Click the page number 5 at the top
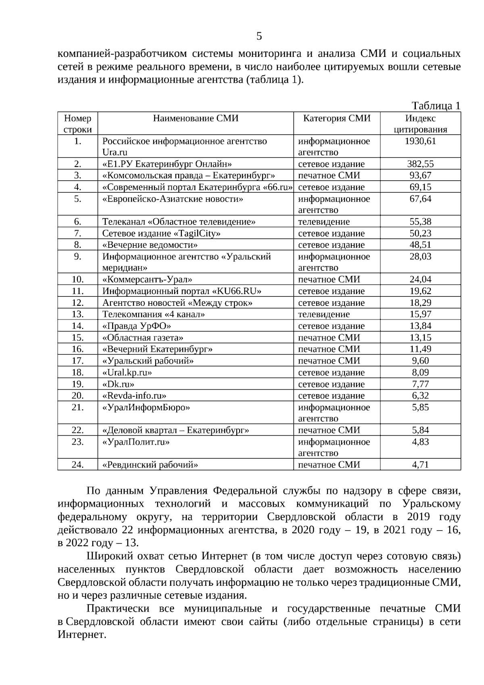click(x=259, y=36)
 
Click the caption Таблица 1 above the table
click(x=436, y=106)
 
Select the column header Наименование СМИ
click(x=196, y=118)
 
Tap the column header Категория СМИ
click(x=337, y=118)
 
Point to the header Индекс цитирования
click(x=420, y=124)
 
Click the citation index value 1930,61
click(x=420, y=141)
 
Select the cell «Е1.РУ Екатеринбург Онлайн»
click(x=167, y=164)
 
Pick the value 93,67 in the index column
click(x=420, y=175)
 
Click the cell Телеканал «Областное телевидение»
click(x=179, y=222)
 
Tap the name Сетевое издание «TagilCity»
click(x=161, y=234)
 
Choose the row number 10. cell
click(x=77, y=280)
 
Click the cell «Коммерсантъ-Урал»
click(x=147, y=280)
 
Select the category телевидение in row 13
click(x=324, y=314)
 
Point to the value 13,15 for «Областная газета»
click(x=420, y=338)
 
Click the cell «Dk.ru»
click(x=118, y=384)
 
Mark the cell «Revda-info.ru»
click(x=134, y=396)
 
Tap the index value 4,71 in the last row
click(x=420, y=465)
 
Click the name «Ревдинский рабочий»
click(x=150, y=465)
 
